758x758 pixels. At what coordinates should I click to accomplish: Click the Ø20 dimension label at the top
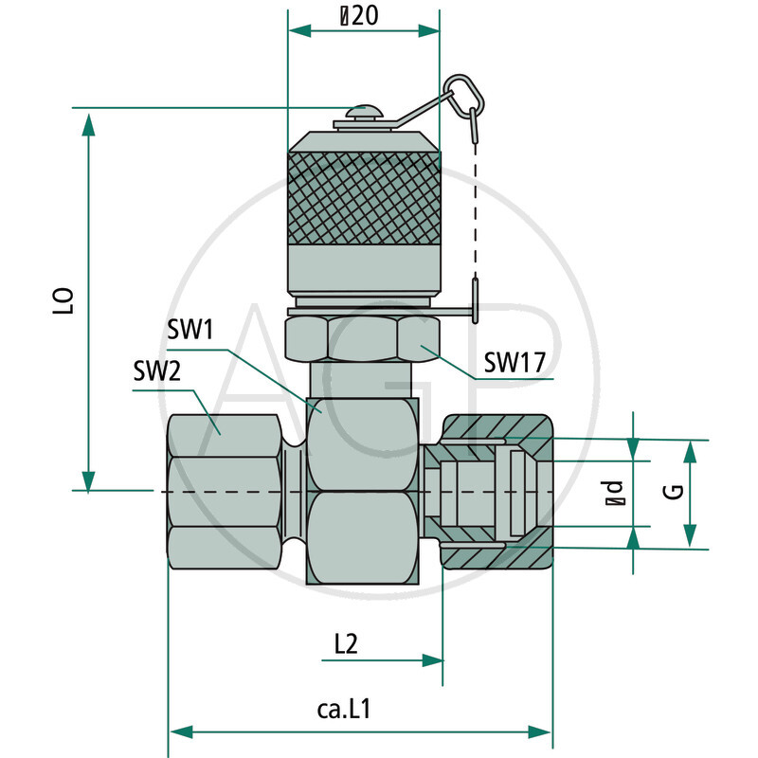(364, 15)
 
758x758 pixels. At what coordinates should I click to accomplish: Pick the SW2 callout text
(156, 372)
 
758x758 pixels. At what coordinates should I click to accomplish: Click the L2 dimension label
(345, 644)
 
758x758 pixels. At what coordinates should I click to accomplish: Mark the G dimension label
(673, 493)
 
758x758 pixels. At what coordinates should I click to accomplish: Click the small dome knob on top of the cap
(364, 113)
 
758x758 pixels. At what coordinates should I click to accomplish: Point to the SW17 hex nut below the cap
(364, 338)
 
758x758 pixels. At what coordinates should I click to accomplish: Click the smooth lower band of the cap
(364, 270)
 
